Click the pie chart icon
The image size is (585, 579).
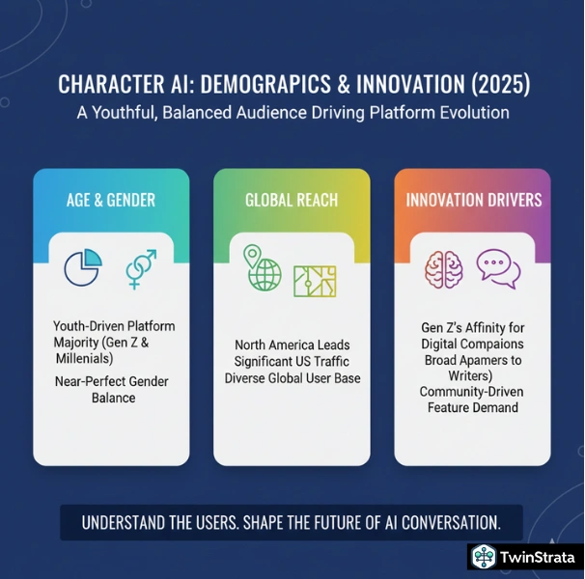click(82, 267)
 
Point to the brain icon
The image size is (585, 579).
click(445, 267)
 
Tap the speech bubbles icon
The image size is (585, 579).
click(498, 268)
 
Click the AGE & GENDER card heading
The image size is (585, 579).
click(111, 200)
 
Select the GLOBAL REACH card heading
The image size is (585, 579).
click(292, 200)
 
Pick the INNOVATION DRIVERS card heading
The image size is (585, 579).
click(473, 200)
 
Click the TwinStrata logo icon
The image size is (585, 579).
click(484, 558)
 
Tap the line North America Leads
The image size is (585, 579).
click(292, 345)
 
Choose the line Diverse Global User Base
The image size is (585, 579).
click(292, 377)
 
